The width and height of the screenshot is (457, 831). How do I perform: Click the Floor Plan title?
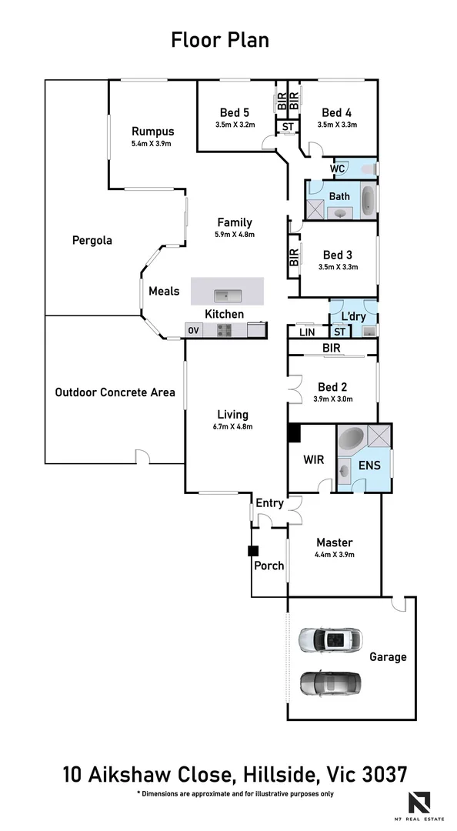point(220,40)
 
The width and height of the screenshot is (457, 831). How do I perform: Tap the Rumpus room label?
point(152,131)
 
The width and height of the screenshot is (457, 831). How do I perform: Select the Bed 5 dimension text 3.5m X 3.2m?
point(235,125)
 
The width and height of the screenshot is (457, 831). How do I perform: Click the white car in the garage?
point(330,640)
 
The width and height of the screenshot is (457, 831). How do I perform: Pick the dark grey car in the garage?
point(330,682)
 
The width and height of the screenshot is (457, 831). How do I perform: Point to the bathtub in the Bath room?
point(369,199)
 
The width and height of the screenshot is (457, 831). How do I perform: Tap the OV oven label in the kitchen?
point(192,330)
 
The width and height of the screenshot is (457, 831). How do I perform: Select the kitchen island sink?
point(227,293)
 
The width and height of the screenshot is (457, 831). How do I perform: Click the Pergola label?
point(92,240)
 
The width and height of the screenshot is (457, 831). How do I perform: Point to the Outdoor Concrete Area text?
point(115,392)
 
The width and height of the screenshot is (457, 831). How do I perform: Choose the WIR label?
point(314,460)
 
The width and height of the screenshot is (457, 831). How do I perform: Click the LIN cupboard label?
point(305,332)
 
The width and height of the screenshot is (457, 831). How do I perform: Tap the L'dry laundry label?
point(353,317)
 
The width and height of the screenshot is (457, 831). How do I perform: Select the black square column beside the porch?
point(252,551)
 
